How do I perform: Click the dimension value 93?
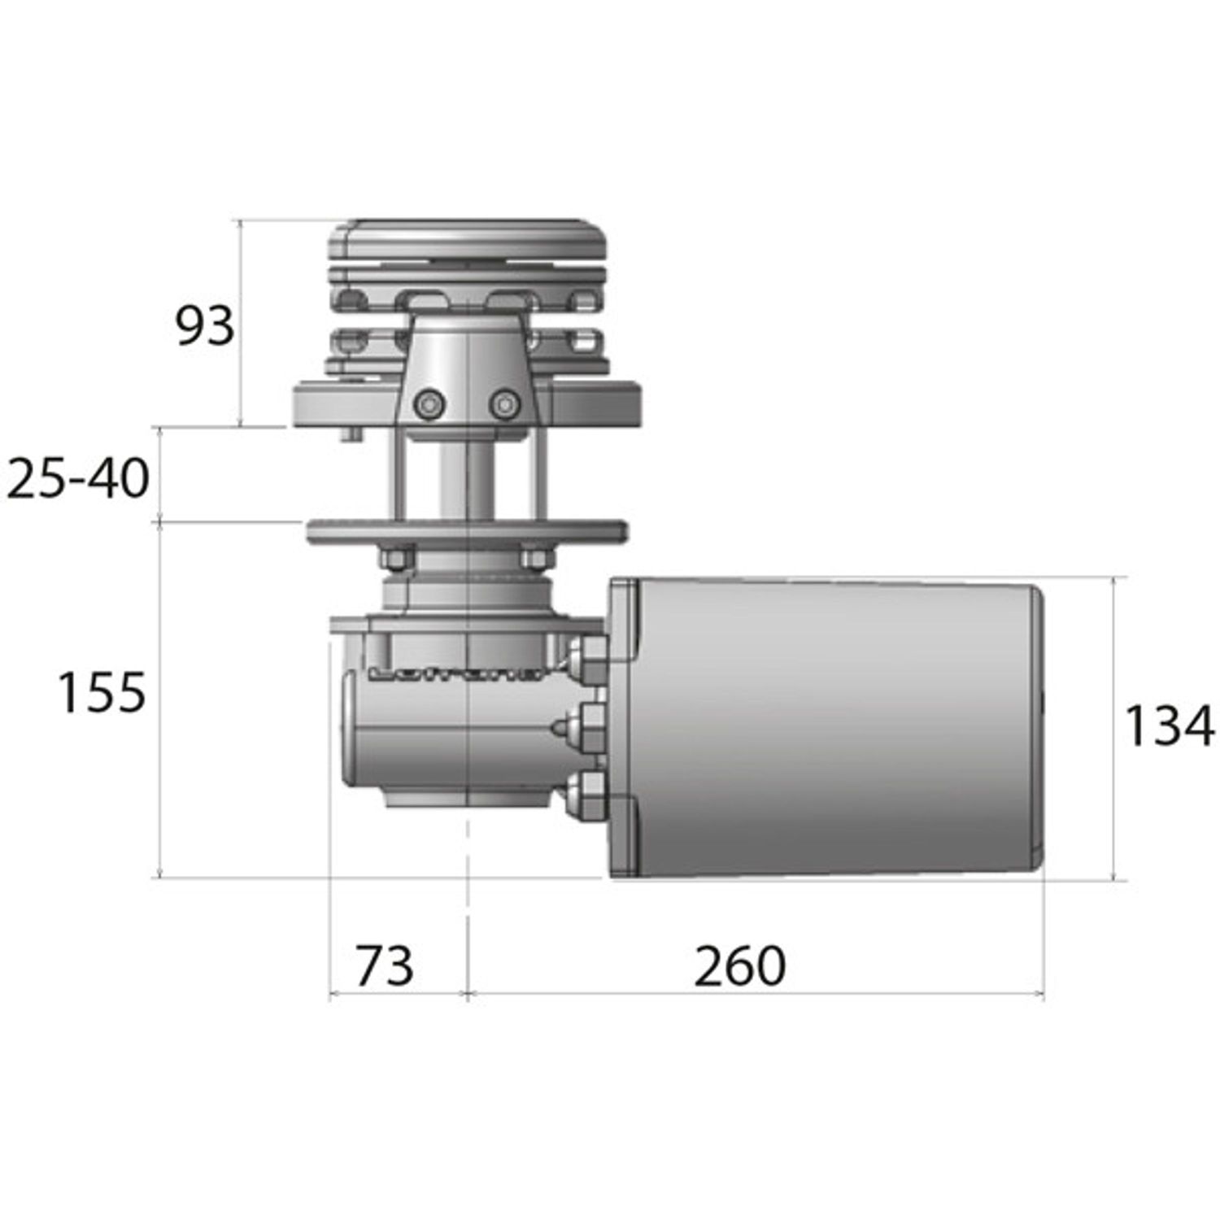click(x=205, y=326)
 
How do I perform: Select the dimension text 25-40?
click(x=78, y=478)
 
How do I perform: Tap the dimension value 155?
click(x=102, y=693)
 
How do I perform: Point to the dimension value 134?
click(x=1168, y=726)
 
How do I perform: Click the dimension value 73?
click(x=385, y=965)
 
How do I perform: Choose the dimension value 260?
click(x=739, y=965)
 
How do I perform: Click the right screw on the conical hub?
click(x=504, y=403)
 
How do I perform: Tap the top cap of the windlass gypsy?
click(x=468, y=238)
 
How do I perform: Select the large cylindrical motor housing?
click(x=838, y=728)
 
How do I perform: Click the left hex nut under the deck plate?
click(x=397, y=559)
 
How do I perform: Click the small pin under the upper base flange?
click(x=351, y=434)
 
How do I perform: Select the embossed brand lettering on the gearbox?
click(x=455, y=673)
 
